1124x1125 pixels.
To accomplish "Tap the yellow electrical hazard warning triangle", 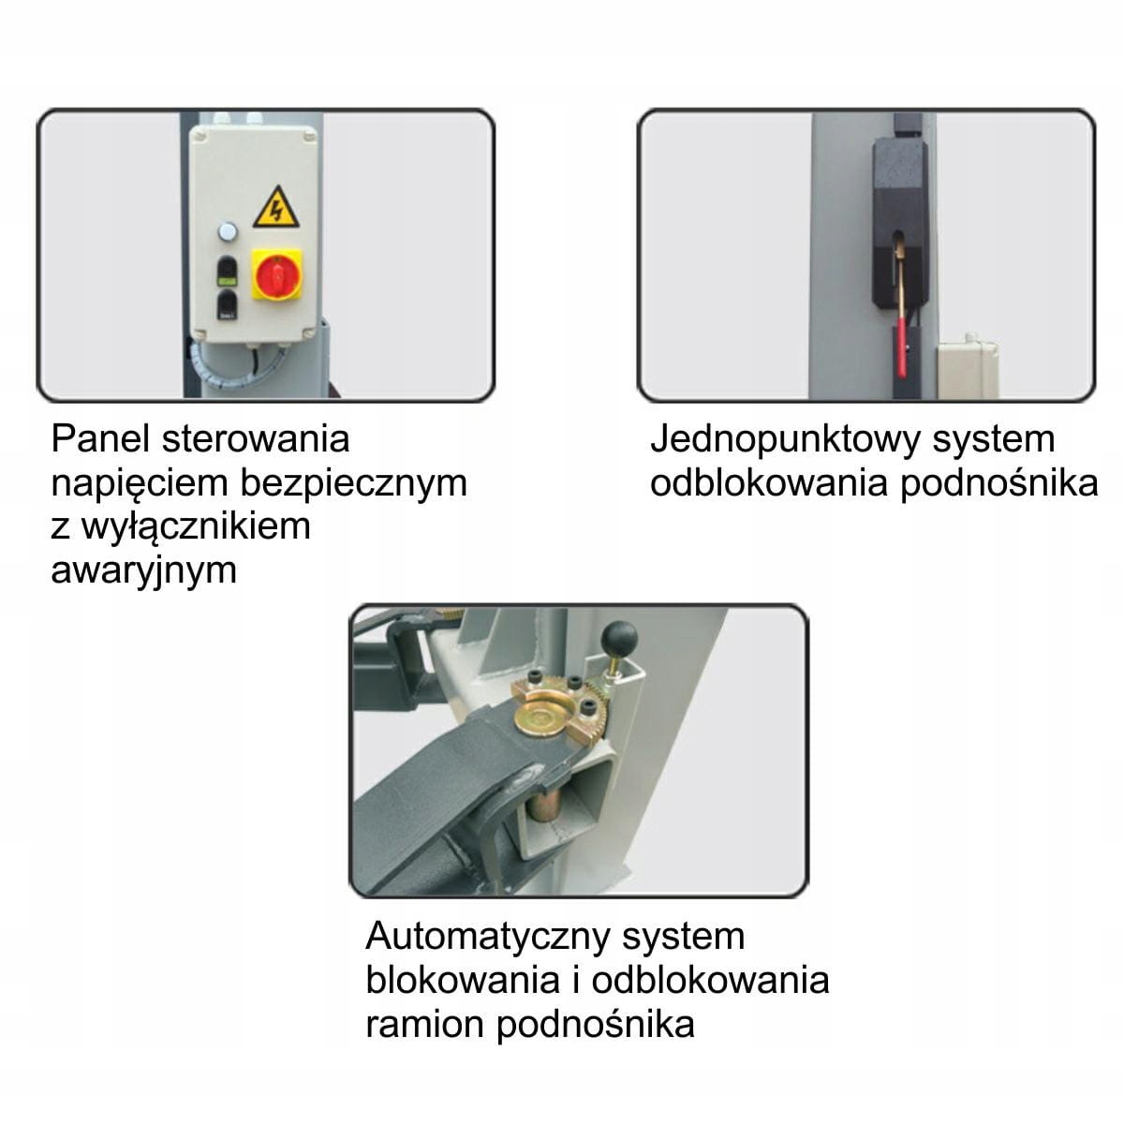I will (x=275, y=209).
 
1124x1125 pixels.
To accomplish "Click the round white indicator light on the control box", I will (x=227, y=230).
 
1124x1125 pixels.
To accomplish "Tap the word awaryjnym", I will (x=143, y=570).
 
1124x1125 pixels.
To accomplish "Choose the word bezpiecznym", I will (x=353, y=482).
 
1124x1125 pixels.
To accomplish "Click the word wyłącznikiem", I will (x=196, y=525).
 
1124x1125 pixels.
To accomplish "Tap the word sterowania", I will (x=255, y=438).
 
